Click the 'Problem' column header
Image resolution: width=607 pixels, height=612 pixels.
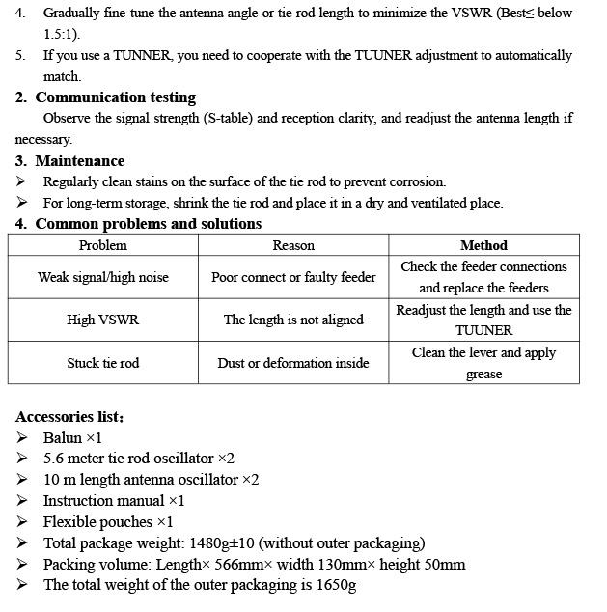[x=102, y=245]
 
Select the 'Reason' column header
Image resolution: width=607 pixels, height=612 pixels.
[x=293, y=245]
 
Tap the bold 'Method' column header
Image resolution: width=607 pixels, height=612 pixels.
[x=483, y=245]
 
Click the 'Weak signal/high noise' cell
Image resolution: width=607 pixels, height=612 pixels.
[x=102, y=277]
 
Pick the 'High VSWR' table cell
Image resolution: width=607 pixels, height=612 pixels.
[x=102, y=320]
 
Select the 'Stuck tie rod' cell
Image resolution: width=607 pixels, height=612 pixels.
[x=102, y=363]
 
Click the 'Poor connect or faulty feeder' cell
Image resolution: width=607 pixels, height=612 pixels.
[x=293, y=277]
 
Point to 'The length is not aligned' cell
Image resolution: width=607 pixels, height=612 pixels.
[x=293, y=320]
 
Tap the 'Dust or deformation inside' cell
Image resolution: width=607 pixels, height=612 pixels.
[x=293, y=363]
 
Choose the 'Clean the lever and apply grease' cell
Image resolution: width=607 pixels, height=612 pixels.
[x=483, y=363]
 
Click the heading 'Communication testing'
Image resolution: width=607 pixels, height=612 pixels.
[x=115, y=97]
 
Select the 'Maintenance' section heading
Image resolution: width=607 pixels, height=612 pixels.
[x=80, y=161]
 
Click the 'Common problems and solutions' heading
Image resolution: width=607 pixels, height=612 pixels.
[x=148, y=224]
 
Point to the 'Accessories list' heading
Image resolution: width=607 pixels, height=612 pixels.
[x=69, y=417]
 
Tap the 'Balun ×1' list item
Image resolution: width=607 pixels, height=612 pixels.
[x=72, y=437]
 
